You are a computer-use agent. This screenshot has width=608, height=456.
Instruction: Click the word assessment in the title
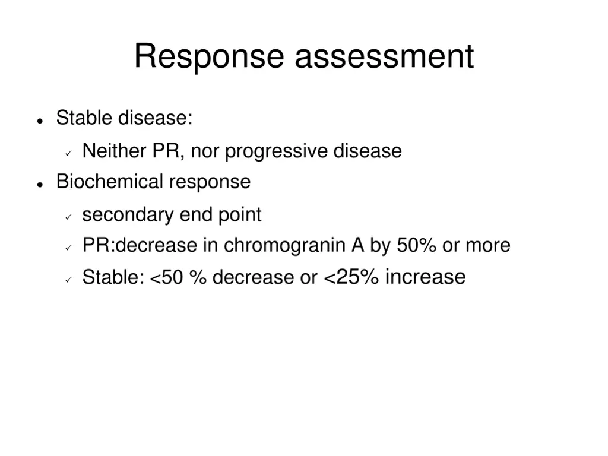pos(384,57)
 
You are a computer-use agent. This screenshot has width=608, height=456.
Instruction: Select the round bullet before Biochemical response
pos(40,184)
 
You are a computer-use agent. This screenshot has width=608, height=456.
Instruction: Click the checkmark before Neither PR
pos(68,153)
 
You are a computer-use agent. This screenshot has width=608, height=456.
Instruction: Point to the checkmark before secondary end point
pos(68,217)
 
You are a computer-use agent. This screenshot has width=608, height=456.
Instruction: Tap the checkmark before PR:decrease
pos(68,248)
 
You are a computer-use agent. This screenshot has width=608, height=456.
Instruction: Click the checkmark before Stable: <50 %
pos(68,279)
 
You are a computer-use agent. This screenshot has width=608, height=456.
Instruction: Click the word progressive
pos(276,151)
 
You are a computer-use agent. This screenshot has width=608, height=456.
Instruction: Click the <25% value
pos(351,277)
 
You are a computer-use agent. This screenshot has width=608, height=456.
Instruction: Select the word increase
pos(425,277)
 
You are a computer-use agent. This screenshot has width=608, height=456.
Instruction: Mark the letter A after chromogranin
pos(357,245)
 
